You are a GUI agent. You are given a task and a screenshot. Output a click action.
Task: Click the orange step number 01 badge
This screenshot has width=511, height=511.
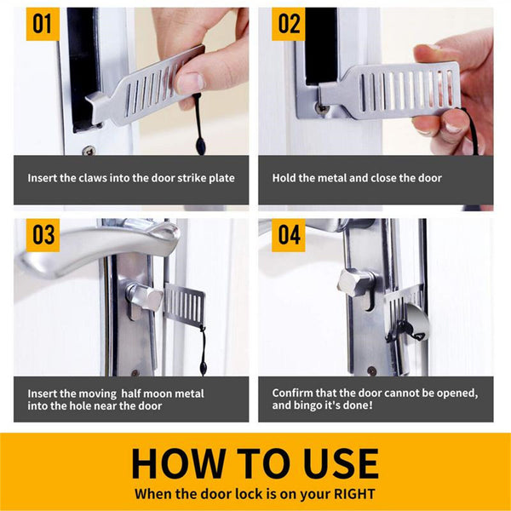coord(42,23)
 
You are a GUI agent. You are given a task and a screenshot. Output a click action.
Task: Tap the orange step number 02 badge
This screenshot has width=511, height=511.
coord(289,23)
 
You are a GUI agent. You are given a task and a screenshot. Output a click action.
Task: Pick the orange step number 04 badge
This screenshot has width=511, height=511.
coord(289,234)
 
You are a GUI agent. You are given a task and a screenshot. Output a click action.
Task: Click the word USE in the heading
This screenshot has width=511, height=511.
coord(336,463)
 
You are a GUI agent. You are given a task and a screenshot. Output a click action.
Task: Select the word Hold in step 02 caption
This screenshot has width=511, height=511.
coord(284,178)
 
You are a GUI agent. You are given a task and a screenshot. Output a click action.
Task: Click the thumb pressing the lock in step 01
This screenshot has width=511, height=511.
coord(192,81)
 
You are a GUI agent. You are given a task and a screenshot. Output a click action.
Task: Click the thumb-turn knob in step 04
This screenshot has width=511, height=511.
coord(353,280)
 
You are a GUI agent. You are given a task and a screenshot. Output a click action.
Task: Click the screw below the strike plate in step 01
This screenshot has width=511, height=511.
coord(89,151)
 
